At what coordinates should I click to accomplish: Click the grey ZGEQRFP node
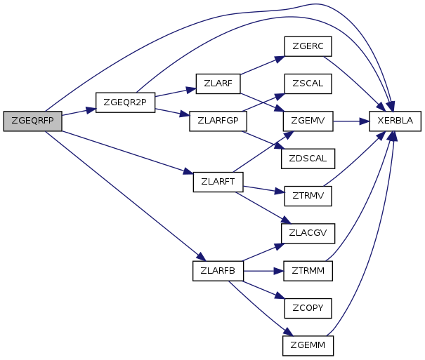(32, 121)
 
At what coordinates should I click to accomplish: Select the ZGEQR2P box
(125, 102)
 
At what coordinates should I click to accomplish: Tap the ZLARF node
(218, 84)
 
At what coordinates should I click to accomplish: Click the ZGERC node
(307, 46)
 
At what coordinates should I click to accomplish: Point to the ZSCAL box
(307, 84)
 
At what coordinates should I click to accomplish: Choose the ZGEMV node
(307, 121)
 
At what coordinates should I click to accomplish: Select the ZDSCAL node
(307, 158)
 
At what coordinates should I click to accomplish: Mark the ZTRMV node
(307, 195)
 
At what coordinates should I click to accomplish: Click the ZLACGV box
(307, 232)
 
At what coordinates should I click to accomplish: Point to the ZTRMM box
(307, 270)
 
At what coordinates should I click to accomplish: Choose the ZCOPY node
(307, 307)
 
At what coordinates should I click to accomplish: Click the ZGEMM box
(307, 345)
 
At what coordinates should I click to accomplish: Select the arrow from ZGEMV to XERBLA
(351, 121)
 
